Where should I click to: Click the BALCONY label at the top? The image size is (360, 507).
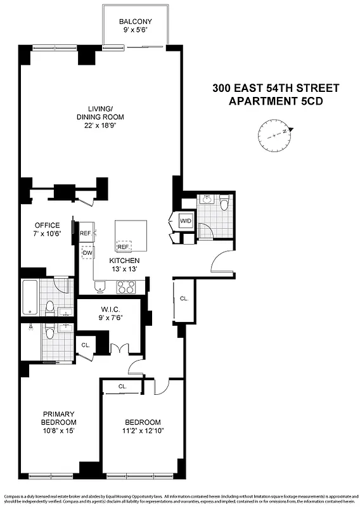pyautogui.click(x=135, y=22)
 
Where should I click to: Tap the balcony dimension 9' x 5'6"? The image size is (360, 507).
pyautogui.click(x=135, y=30)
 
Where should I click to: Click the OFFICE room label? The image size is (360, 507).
pyautogui.click(x=48, y=225)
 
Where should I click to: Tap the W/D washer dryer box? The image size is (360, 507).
pyautogui.click(x=186, y=221)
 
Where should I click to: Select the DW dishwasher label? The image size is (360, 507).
pyautogui.click(x=87, y=253)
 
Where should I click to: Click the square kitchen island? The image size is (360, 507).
pyautogui.click(x=131, y=234)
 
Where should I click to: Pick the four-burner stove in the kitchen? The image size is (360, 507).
pyautogui.click(x=125, y=287)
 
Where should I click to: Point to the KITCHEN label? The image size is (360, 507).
pyautogui.click(x=124, y=260)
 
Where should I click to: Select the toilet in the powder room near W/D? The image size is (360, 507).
pyautogui.click(x=223, y=204)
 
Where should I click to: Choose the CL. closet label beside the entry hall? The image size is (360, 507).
pyautogui.click(x=183, y=298)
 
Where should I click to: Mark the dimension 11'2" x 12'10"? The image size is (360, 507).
pyautogui.click(x=141, y=432)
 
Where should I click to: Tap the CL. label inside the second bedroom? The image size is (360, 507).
pyautogui.click(x=122, y=386)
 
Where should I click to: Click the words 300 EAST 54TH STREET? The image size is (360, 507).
pyautogui.click(x=275, y=88)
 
